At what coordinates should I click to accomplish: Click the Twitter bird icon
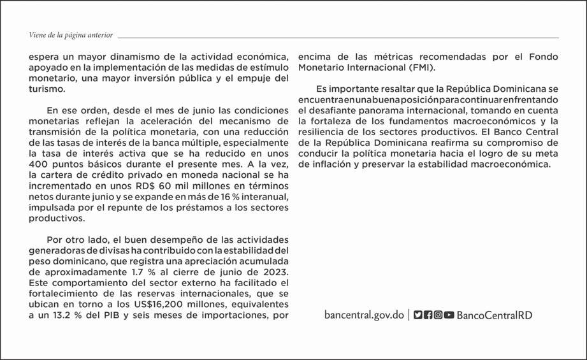pyautogui.click(x=418, y=315)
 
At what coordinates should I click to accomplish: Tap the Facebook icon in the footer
pyautogui.click(x=428, y=315)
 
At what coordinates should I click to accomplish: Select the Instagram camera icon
pyautogui.click(x=438, y=315)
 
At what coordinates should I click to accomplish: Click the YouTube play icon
pyautogui.click(x=449, y=315)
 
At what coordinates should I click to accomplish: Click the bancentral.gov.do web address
pyautogui.click(x=364, y=315)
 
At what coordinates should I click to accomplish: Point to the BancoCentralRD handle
pyautogui.click(x=495, y=315)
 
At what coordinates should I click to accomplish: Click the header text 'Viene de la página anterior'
pyautogui.click(x=71, y=34)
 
